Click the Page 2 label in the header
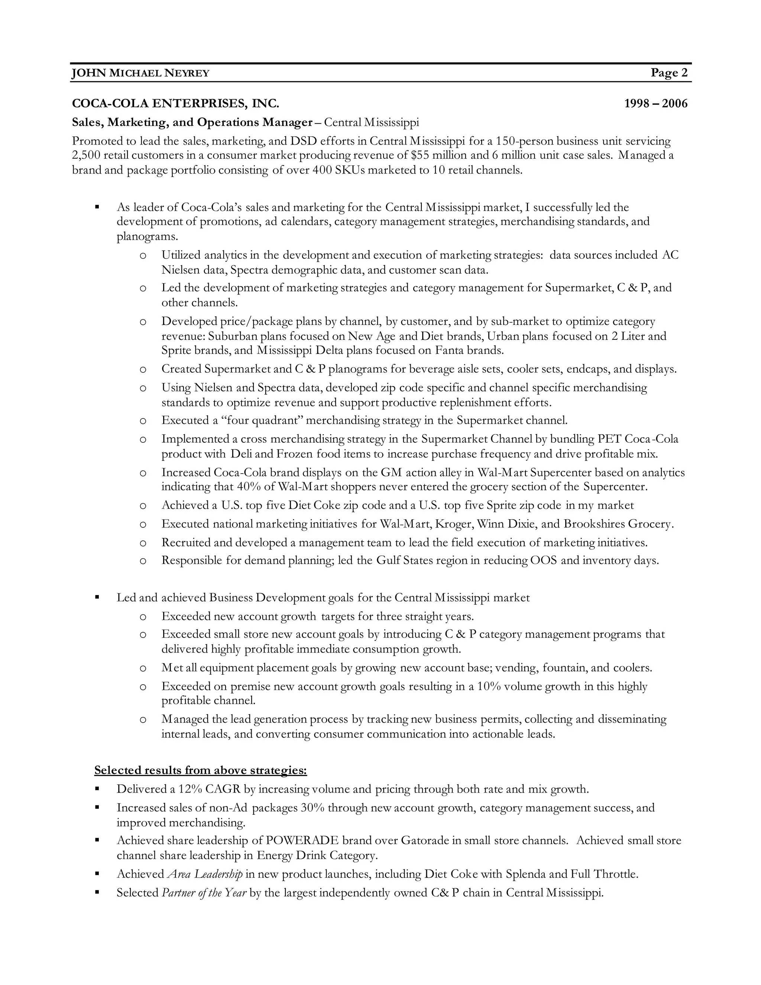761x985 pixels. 669,73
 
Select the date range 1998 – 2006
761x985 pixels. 655,104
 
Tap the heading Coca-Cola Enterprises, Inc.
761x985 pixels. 175,104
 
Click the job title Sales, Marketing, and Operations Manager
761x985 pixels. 192,122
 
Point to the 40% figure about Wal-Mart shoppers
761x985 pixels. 248,487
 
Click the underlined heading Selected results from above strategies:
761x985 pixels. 200,770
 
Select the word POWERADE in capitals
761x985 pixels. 302,841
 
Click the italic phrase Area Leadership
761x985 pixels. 205,875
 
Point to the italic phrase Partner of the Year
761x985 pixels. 204,893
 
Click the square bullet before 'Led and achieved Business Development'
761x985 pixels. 97,598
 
